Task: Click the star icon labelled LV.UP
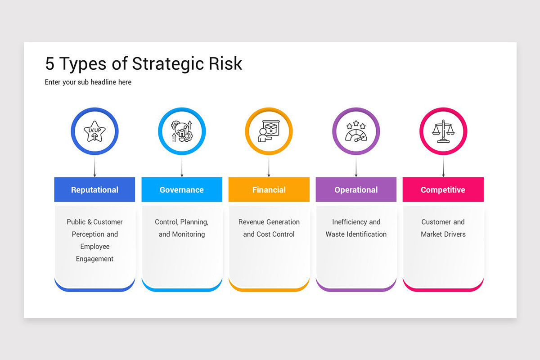(94, 131)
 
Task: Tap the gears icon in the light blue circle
(182, 131)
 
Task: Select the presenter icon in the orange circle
(269, 131)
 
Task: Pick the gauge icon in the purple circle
(356, 131)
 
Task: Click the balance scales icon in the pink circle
(443, 131)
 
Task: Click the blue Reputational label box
(94, 189)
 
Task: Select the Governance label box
(182, 189)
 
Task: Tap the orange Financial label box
(269, 189)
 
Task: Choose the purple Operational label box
(356, 189)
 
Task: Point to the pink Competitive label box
(443, 189)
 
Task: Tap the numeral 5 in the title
(49, 64)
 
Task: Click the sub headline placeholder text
(88, 82)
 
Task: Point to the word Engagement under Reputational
(94, 259)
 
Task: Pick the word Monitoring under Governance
(188, 234)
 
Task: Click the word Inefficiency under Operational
(350, 222)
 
